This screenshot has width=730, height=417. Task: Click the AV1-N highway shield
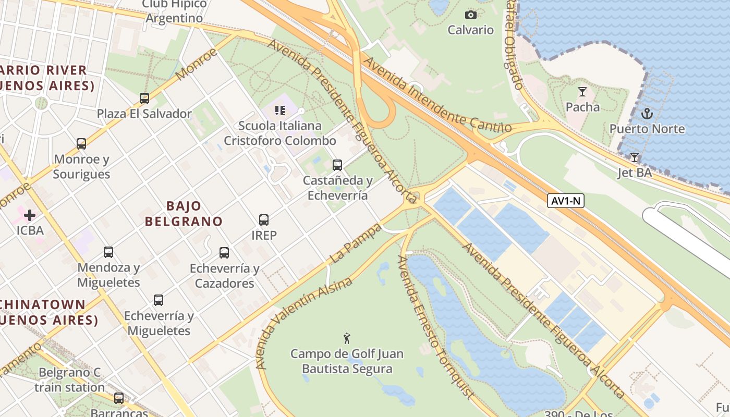[565, 201]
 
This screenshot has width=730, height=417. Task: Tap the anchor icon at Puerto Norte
[647, 113]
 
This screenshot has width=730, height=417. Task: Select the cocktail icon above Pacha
[582, 92]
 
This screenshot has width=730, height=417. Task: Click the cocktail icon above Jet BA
[635, 157]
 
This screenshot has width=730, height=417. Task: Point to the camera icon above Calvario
[470, 15]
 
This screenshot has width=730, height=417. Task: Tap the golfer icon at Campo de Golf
[346, 338]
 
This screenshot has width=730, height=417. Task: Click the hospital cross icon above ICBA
[29, 215]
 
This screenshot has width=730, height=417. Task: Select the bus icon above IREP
[264, 220]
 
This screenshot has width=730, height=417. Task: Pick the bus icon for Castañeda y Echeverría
[337, 165]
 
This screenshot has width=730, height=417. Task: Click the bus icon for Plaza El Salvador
[144, 99]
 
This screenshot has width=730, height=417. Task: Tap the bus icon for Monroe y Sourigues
[81, 144]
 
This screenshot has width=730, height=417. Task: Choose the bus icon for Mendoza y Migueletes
[108, 252]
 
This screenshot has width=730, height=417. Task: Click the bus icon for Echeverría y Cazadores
[224, 253]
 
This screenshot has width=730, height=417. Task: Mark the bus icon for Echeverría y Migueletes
[159, 300]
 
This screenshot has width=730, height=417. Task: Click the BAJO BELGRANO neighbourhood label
[184, 214]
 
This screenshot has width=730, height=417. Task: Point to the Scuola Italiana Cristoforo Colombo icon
[280, 111]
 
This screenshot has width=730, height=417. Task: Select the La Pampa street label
[356, 243]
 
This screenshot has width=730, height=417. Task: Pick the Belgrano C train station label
[70, 380]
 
